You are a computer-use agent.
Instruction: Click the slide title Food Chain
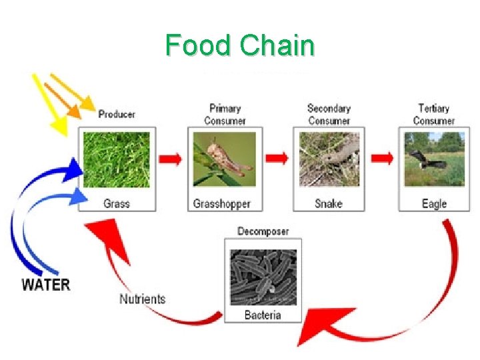(240, 46)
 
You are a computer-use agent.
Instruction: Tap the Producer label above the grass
(117, 114)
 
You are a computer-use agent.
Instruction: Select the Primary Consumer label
(225, 114)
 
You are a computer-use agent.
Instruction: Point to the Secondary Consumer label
(329, 114)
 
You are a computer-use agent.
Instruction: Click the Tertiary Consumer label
(433, 114)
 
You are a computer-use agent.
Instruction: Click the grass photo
(117, 160)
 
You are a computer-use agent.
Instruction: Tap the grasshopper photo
(223, 160)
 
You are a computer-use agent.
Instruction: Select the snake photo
(329, 160)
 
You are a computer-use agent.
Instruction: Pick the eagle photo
(434, 160)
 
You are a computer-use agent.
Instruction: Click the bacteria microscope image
(263, 277)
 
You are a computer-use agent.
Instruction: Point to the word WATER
(45, 285)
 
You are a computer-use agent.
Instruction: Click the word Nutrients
(142, 299)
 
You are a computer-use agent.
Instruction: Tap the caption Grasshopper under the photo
(222, 203)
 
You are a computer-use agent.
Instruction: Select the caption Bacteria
(263, 315)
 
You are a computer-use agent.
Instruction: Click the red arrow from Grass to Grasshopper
(171, 159)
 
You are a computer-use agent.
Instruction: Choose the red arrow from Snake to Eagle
(382, 159)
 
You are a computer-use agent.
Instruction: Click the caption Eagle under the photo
(434, 203)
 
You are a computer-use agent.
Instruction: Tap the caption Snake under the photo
(329, 203)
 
